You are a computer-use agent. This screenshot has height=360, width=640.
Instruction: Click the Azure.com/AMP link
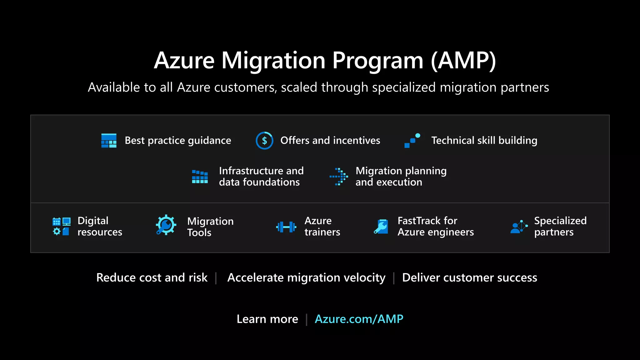(x=359, y=319)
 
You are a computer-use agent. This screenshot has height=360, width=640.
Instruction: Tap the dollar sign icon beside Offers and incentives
(x=264, y=141)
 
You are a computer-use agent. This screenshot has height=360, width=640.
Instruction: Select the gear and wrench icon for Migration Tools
(x=166, y=225)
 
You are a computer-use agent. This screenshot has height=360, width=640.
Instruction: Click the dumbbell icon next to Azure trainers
(x=286, y=227)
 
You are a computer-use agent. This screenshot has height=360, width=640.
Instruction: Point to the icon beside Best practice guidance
(x=109, y=141)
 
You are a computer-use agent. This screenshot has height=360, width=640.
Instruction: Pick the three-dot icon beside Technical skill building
(x=412, y=141)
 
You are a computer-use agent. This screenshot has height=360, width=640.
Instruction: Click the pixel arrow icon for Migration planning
(x=339, y=177)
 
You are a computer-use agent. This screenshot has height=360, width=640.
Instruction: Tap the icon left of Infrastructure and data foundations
(x=200, y=177)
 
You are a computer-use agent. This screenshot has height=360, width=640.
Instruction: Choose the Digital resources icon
(x=62, y=227)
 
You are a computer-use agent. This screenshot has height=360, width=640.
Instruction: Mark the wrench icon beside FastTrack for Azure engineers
(x=381, y=227)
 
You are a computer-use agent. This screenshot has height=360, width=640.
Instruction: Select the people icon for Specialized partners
(x=519, y=227)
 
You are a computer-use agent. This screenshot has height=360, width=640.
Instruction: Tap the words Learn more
(x=267, y=319)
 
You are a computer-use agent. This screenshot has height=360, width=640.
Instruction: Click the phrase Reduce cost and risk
(x=152, y=277)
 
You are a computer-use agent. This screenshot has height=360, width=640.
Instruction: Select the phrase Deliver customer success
(x=469, y=277)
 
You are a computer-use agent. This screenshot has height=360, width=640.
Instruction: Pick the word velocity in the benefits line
(x=363, y=277)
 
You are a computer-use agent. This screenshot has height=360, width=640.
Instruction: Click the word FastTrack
(x=427, y=221)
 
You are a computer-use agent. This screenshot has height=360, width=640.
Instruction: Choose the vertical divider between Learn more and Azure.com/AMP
(x=307, y=319)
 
